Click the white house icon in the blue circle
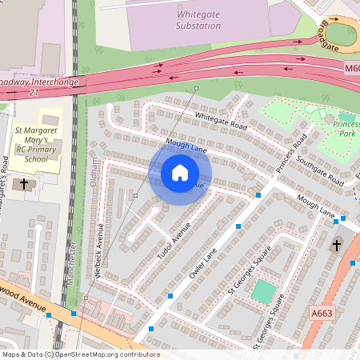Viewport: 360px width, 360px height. click(180, 172)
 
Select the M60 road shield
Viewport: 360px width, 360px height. click(353, 70)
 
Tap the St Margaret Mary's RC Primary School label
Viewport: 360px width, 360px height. click(38, 143)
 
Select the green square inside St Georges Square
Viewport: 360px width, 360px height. click(262, 290)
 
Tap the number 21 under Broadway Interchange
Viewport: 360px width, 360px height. click(33, 94)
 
